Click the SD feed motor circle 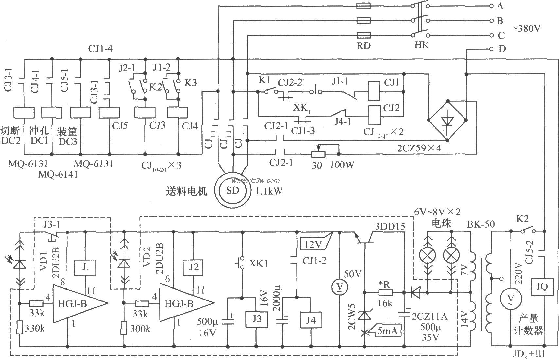pos(233,191)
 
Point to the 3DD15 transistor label pos(389,226)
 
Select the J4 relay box pos(310,319)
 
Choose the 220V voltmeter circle pos(510,296)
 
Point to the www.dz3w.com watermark pos(255,180)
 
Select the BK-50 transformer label pos(480,224)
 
